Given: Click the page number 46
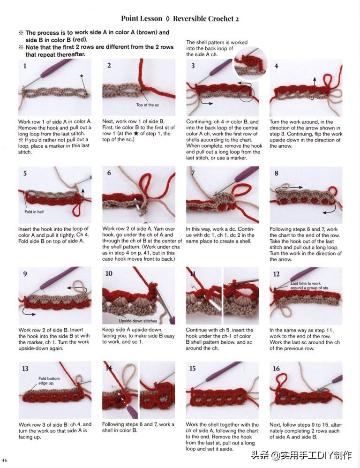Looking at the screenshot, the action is click(5, 460).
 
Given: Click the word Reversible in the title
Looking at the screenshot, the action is click(188, 18).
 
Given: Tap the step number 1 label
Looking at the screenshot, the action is click(25, 66).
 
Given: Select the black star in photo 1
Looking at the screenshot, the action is click(82, 76).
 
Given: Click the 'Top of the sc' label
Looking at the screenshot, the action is click(147, 105).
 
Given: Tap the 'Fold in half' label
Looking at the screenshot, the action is click(34, 211).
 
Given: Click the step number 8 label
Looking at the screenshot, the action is click(277, 173).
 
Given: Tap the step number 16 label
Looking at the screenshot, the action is click(276, 369).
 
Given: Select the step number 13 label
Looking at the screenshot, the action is click(25, 369).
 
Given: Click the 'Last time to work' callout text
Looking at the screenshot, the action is click(306, 283).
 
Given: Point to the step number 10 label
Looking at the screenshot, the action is click(109, 273).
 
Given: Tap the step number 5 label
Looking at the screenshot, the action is click(25, 173).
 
